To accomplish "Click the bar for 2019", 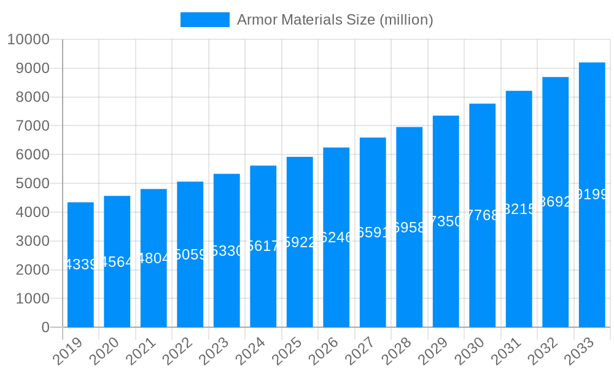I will point(80,264).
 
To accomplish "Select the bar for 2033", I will point(592,195).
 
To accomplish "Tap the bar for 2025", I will point(300,242).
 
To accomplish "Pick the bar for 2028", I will point(410,227).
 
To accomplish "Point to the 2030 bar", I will point(483,215).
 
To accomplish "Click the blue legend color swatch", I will point(204,20).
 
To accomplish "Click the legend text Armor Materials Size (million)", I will point(335,20).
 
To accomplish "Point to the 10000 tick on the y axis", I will point(28,40).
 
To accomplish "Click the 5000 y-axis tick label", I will point(32,183).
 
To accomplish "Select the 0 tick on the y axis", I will point(45,327).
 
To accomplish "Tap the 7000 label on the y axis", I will point(32,126).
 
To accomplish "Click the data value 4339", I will point(80,264).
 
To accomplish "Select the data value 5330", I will point(227,251).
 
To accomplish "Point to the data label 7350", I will point(446,221).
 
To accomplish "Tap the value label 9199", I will point(593,194).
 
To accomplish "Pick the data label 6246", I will point(336,237).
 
